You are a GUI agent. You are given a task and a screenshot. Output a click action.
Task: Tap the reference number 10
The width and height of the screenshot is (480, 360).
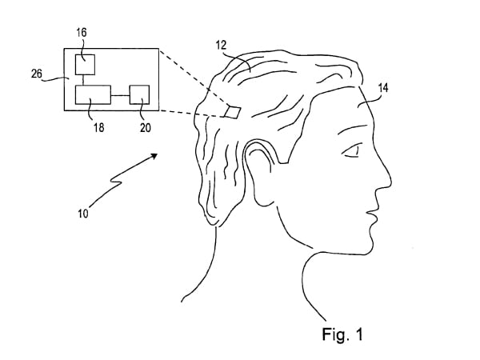[x=84, y=214]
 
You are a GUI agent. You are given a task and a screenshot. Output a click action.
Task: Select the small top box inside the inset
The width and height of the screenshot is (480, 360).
[x=85, y=64]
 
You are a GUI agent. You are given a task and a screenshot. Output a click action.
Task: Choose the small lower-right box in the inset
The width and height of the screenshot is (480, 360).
[x=140, y=94]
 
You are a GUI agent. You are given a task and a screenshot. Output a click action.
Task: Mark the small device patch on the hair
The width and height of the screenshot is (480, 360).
[x=234, y=111]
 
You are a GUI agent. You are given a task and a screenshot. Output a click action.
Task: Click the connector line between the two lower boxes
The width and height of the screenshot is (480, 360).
[x=120, y=95]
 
